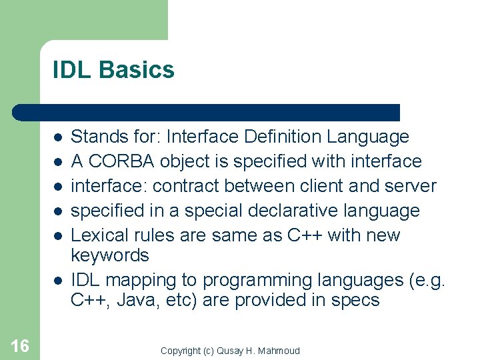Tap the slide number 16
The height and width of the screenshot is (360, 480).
coord(20,345)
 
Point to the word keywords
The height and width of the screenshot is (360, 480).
coord(110,256)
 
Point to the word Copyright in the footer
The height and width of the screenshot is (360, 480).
coord(181,351)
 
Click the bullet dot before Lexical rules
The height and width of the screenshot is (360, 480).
coord(58,236)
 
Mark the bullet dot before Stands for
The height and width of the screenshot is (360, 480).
coord(58,137)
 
